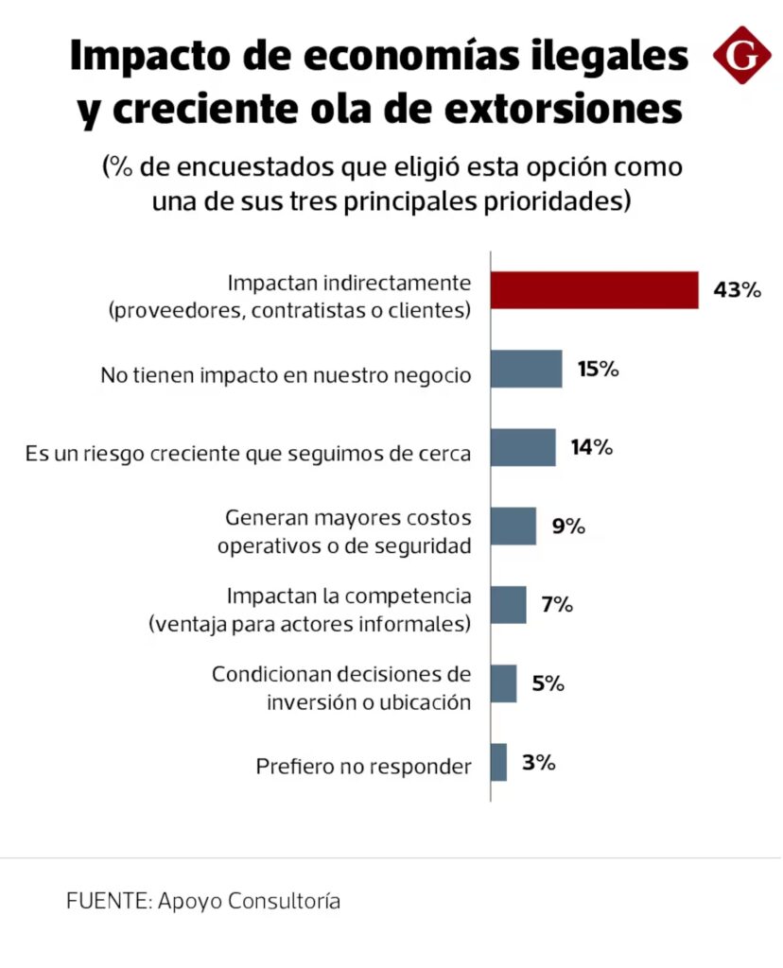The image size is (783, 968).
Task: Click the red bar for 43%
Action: (594, 290)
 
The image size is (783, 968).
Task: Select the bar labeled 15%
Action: (527, 369)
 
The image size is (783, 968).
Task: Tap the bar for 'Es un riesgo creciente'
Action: (523, 447)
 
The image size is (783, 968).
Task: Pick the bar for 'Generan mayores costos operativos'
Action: (513, 526)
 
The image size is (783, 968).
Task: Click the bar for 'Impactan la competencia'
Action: (509, 604)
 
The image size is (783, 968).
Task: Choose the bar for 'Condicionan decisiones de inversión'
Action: (504, 683)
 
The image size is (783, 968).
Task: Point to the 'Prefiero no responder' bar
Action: (499, 762)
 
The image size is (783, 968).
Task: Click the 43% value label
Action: (737, 290)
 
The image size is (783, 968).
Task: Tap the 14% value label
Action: (592, 447)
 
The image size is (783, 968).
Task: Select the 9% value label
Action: (568, 526)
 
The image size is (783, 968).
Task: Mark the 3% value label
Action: (537, 762)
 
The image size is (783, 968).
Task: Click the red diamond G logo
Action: (741, 56)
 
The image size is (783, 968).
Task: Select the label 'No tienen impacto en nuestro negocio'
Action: (285, 375)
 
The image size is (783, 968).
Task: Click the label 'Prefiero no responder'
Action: (363, 767)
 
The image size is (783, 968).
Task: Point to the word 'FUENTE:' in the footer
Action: (105, 901)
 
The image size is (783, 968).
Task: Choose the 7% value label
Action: (557, 604)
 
